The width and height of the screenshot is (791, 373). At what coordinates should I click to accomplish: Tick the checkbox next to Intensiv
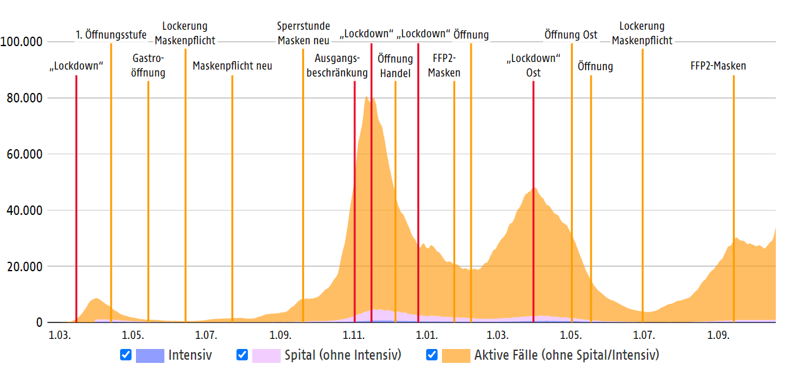[125, 355]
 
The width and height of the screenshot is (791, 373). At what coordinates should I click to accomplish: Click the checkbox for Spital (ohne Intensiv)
[242, 355]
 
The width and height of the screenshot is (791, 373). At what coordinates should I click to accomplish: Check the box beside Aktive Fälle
[431, 355]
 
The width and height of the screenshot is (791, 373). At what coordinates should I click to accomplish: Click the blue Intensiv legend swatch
[150, 355]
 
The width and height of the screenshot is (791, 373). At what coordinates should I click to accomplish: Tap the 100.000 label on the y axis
[21, 42]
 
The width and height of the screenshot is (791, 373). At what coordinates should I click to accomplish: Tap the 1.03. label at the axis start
[58, 334]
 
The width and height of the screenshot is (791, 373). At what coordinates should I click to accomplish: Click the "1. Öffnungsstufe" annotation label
[111, 35]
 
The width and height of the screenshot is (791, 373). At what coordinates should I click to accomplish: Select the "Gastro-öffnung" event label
[148, 66]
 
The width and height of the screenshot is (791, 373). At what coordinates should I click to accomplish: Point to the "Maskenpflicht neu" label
[232, 66]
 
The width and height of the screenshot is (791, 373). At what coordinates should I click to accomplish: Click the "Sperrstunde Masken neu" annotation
[304, 34]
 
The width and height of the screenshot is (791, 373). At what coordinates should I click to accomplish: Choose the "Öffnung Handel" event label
[395, 66]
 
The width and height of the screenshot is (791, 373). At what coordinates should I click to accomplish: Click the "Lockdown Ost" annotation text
[533, 66]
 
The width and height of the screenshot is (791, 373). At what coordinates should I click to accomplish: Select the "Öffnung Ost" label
[570, 35]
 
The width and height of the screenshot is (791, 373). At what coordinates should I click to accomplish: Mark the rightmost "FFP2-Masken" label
[718, 66]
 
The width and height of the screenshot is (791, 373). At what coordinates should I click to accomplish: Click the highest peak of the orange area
[367, 97]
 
